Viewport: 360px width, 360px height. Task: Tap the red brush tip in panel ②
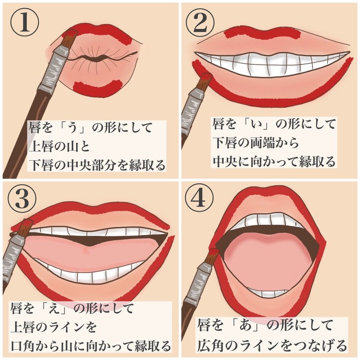coord(205,81)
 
